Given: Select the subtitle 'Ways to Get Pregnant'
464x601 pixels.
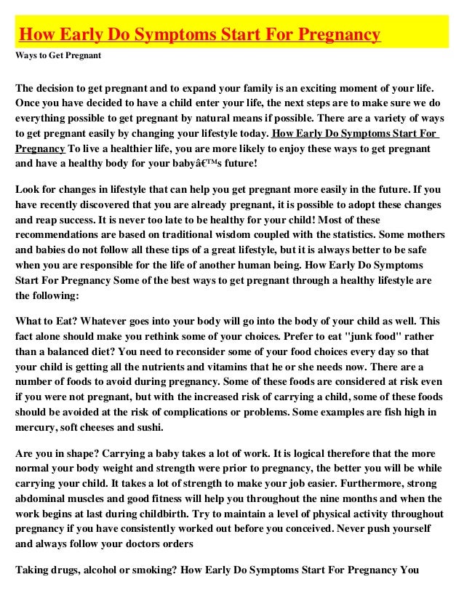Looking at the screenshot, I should pyautogui.click(x=58, y=55).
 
